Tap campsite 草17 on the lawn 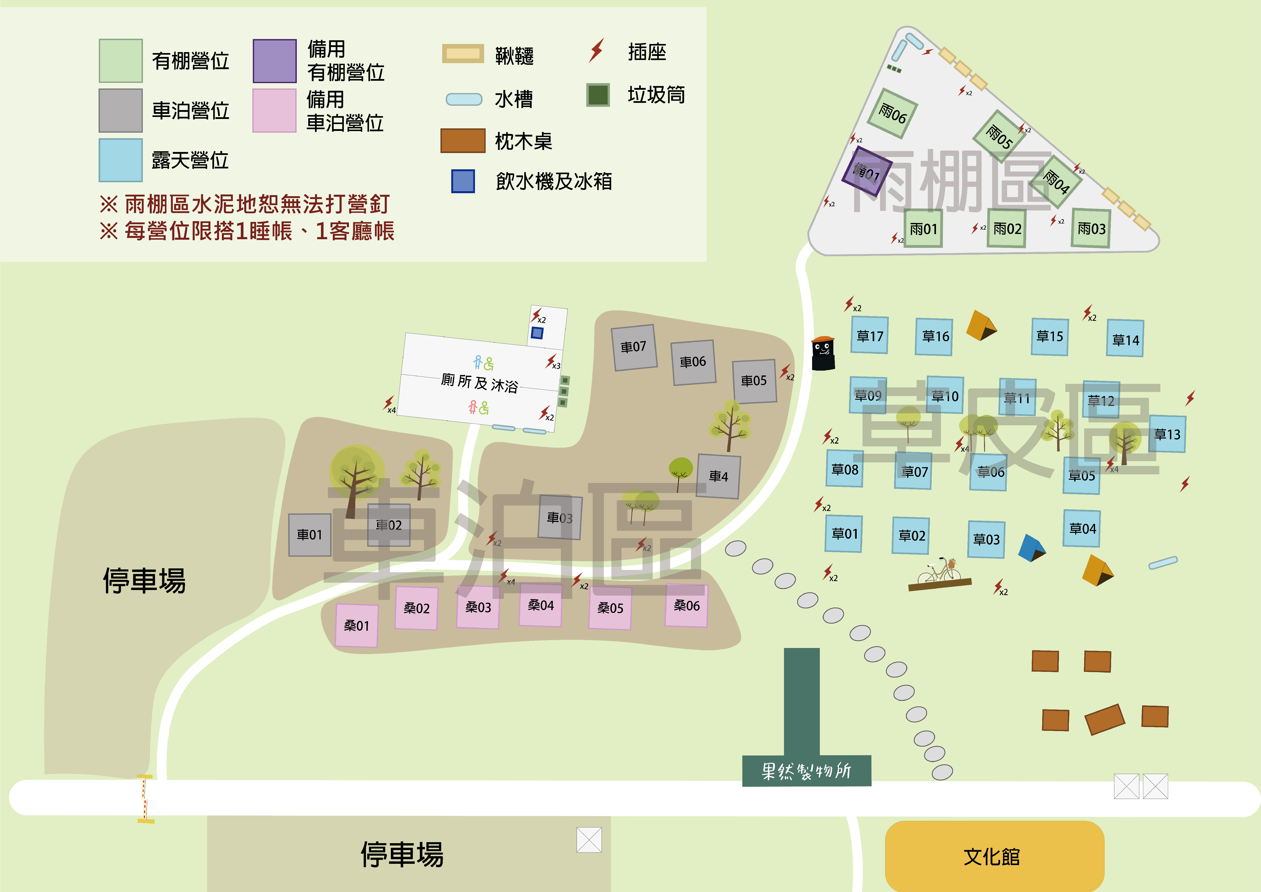pos(870,335)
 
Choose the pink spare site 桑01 pos(357,626)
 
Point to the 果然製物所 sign pos(806,770)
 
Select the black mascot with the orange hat pos(823,353)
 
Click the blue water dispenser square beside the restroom pos(537,333)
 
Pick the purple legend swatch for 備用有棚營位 pos(275,61)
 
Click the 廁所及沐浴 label pos(480,383)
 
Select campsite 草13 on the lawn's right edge pos(1167,434)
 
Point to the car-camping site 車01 pos(310,534)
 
